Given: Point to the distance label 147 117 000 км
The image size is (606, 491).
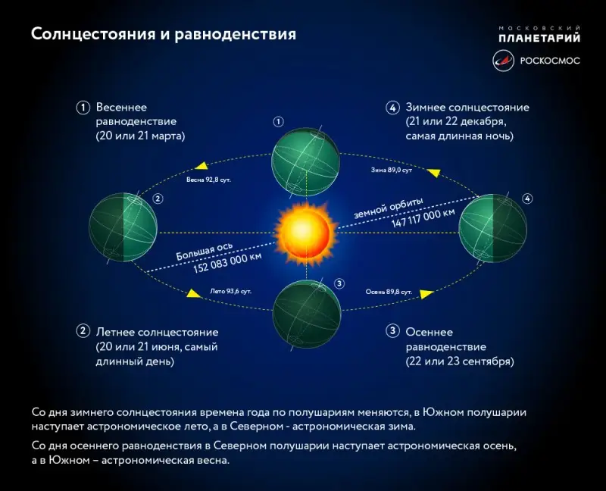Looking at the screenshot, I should coord(423,217).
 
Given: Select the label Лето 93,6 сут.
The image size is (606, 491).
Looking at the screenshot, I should coord(230,290).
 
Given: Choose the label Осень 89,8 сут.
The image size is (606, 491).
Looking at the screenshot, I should coord(389,290).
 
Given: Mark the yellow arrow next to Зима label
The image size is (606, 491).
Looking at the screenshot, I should coord(433,173).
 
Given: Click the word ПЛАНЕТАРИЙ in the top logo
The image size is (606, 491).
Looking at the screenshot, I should coord(539,36).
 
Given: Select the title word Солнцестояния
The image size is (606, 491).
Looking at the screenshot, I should coord(83,35).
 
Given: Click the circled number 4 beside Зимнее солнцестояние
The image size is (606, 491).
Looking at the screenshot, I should coord(392,108).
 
